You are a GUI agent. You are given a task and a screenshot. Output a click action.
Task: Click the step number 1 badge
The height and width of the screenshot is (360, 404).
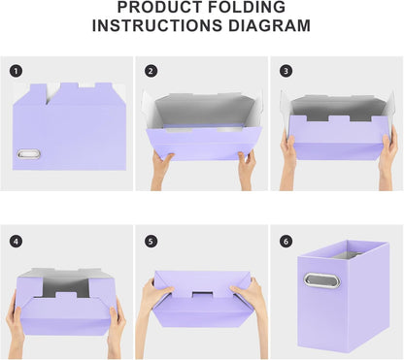coord(16,71)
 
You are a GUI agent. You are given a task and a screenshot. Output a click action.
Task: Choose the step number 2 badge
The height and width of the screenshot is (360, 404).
coord(151,71)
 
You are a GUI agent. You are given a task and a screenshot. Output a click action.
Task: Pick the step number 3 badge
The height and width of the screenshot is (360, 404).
coord(286,71)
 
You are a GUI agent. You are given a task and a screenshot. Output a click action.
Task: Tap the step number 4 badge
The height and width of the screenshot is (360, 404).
coord(16,241)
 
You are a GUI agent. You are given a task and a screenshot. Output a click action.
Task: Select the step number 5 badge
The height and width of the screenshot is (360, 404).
coord(151,241)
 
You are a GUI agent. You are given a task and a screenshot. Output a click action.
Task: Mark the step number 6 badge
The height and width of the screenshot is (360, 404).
coord(286,241)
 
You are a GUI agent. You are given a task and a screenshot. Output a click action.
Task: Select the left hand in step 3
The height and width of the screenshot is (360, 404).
coord(288,152)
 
